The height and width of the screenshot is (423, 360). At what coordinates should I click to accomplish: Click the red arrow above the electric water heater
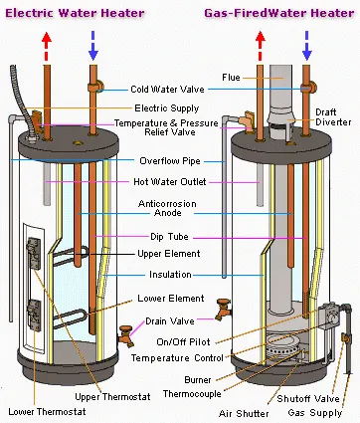click(47, 46)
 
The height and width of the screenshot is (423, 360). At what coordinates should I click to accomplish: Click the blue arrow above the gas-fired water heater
click(307, 46)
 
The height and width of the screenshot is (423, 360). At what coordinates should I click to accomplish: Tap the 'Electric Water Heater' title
click(75, 13)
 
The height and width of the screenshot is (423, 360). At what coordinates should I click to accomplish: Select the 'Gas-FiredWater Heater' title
click(279, 13)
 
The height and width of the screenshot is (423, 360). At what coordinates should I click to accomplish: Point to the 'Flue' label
click(231, 78)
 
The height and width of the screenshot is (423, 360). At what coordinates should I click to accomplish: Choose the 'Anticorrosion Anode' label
click(167, 208)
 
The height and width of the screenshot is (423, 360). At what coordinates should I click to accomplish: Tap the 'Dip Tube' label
click(169, 237)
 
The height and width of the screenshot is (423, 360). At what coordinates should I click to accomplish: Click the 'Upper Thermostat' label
click(112, 397)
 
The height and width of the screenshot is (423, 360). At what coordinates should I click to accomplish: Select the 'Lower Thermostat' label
click(47, 412)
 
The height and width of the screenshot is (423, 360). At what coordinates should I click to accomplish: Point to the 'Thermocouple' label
click(192, 394)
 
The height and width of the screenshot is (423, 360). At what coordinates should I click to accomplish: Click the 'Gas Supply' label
click(315, 413)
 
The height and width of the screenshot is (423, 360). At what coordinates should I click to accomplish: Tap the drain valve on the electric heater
click(126, 335)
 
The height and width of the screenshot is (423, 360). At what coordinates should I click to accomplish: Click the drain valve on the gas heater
click(223, 310)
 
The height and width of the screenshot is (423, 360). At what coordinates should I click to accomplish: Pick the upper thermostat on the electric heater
click(34, 253)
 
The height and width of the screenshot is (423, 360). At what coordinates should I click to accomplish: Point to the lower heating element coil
click(69, 318)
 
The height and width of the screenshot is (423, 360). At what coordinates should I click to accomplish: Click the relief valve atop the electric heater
click(36, 120)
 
